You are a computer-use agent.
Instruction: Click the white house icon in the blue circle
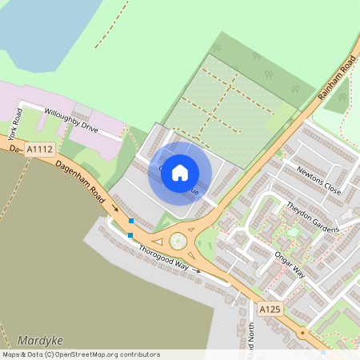(x=180, y=172)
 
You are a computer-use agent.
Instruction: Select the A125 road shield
(x=269, y=308)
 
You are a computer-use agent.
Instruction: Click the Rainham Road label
(x=336, y=77)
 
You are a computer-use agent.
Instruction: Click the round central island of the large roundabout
(x=178, y=240)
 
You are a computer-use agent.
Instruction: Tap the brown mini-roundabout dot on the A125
(x=303, y=332)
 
